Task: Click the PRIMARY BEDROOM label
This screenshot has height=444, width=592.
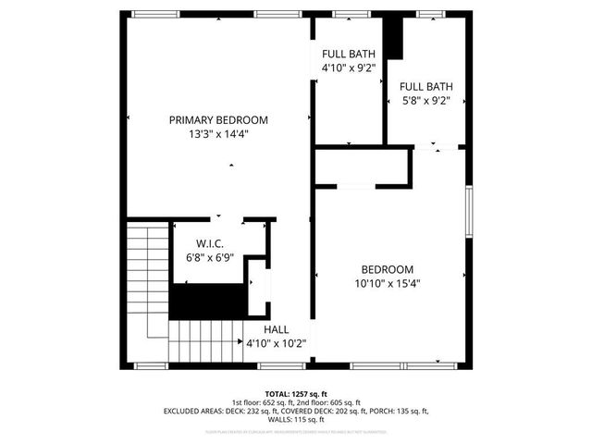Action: pyautogui.click(x=218, y=120)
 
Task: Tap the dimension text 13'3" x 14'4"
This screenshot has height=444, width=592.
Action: pyautogui.click(x=218, y=134)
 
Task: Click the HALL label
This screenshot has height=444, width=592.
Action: pyautogui.click(x=276, y=329)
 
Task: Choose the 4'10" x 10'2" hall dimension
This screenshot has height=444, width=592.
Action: pyautogui.click(x=276, y=343)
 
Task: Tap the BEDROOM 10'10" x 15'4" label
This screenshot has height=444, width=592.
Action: pyautogui.click(x=389, y=277)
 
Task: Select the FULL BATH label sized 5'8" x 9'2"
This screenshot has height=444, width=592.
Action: pyautogui.click(x=425, y=94)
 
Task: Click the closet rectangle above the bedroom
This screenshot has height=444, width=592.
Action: pyautogui.click(x=363, y=166)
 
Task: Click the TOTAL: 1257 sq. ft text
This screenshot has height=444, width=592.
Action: pyautogui.click(x=296, y=393)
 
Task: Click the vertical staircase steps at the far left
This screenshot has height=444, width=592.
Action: pyautogui.click(x=139, y=277)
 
